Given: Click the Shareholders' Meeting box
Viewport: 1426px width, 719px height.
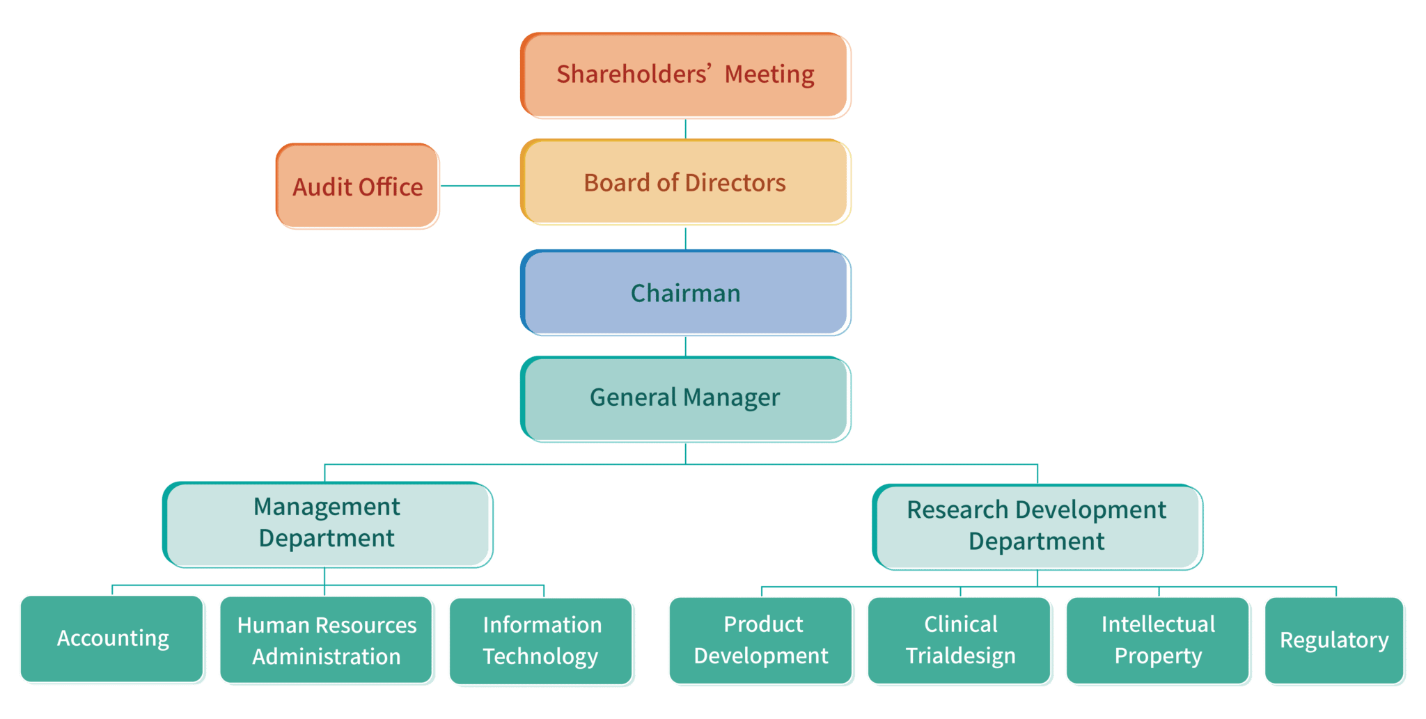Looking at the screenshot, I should pyautogui.click(x=685, y=75).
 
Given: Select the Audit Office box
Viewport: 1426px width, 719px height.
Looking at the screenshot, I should pyautogui.click(x=357, y=187).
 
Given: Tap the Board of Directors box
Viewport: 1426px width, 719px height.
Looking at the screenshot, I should pyautogui.click(x=685, y=182).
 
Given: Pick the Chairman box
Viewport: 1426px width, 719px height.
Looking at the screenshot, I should pyautogui.click(x=685, y=293).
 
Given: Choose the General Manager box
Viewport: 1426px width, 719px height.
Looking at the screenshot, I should pyautogui.click(x=685, y=399).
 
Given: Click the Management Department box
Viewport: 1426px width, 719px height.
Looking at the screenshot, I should pyautogui.click(x=327, y=524).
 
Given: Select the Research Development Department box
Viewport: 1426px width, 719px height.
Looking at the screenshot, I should pyautogui.click(x=1037, y=527).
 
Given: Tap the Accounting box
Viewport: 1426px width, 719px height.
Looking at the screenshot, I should pyautogui.click(x=112, y=639).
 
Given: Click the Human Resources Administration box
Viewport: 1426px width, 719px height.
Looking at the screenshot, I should pyautogui.click(x=327, y=640).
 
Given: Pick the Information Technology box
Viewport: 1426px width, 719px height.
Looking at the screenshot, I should pyautogui.click(x=541, y=641).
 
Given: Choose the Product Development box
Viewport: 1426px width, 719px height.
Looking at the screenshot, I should pyautogui.click(x=761, y=640).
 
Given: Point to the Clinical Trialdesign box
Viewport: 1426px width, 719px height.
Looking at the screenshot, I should pyautogui.click(x=959, y=640).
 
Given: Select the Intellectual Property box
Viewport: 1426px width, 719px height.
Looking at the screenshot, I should pyautogui.click(x=1158, y=640).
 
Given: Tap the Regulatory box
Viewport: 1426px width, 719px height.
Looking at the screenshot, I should pyautogui.click(x=1334, y=640).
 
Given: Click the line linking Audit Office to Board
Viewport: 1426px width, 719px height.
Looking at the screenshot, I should pyautogui.click(x=480, y=186).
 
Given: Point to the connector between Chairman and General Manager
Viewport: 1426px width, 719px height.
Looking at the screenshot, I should pyautogui.click(x=686, y=346).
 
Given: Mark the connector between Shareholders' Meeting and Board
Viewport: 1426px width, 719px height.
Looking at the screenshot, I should pyautogui.click(x=686, y=129).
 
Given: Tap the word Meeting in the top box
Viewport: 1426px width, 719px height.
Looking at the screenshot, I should pyautogui.click(x=769, y=74).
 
